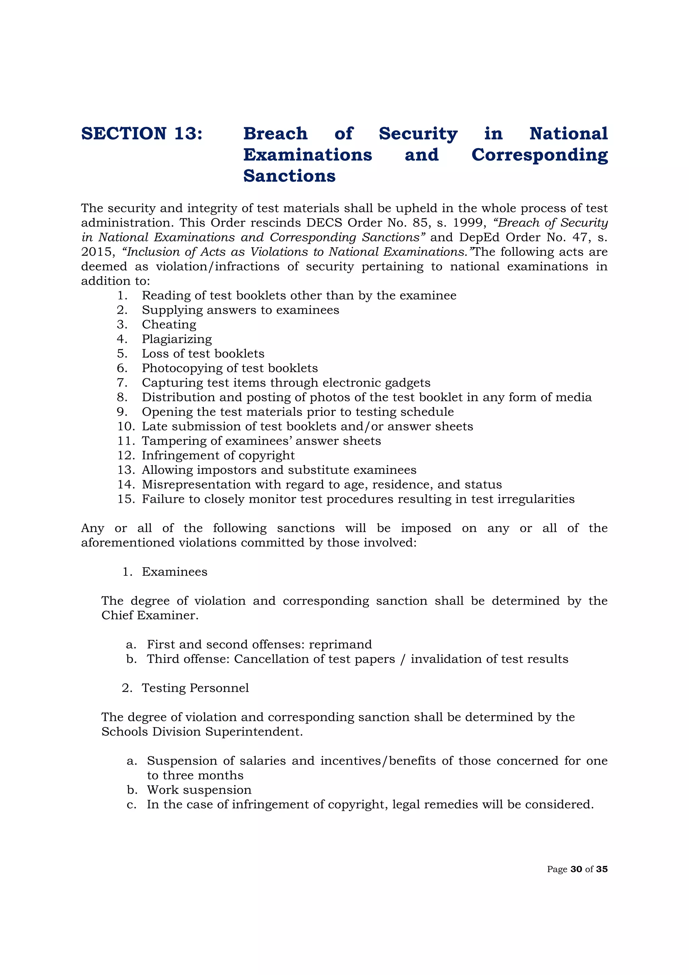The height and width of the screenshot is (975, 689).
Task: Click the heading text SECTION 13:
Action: (x=142, y=134)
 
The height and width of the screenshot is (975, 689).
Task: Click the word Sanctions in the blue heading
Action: (x=289, y=176)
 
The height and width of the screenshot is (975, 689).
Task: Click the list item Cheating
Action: (x=169, y=324)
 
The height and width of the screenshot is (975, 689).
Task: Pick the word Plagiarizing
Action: (x=177, y=339)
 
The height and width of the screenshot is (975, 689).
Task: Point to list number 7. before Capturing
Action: (x=122, y=383)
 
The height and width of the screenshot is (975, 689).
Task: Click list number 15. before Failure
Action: (x=126, y=499)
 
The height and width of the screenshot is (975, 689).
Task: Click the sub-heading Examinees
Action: (x=175, y=571)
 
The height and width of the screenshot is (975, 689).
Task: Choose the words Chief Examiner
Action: (x=149, y=615)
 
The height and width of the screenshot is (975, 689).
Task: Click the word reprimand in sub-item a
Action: (x=340, y=644)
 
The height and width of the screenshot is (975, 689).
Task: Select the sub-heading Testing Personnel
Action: (x=195, y=688)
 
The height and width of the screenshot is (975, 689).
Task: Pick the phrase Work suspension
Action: (x=199, y=790)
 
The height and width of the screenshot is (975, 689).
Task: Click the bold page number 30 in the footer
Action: (x=576, y=869)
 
